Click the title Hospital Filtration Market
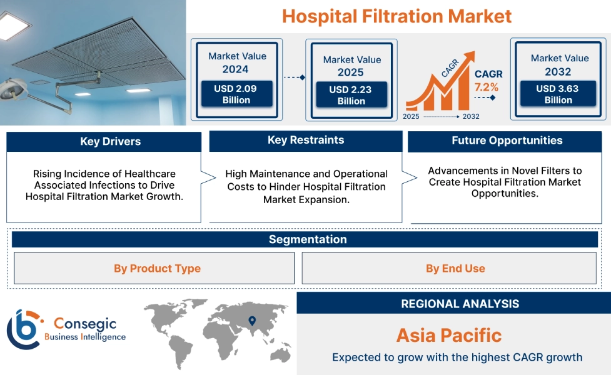point(396,16)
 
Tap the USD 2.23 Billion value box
point(351,95)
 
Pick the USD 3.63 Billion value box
point(558,94)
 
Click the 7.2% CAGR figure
point(486,86)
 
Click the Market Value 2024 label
point(237,62)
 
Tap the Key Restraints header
point(306,140)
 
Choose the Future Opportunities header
point(507,141)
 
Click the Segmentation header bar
point(308,239)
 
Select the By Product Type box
point(157,268)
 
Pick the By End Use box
point(455,268)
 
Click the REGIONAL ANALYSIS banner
point(460,304)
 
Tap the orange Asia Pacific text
point(449,335)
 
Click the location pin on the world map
point(252,321)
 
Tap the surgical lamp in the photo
point(13,89)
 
